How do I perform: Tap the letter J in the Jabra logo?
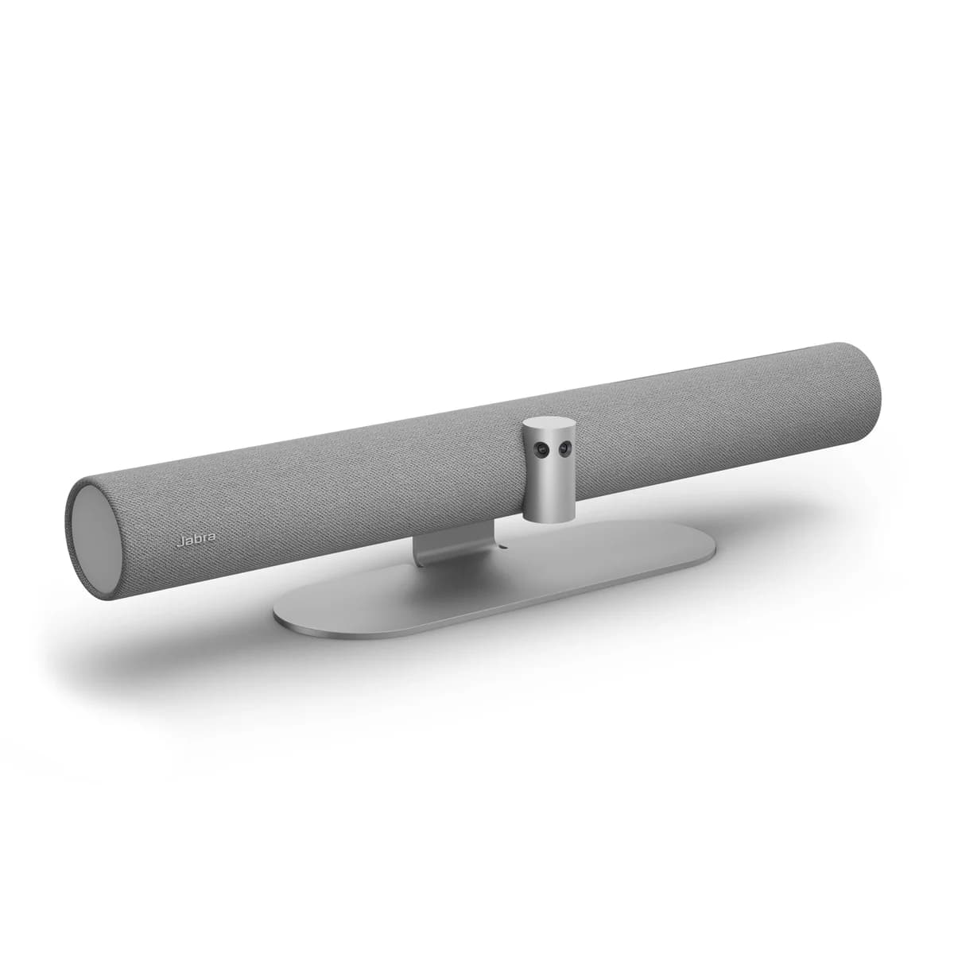(180, 542)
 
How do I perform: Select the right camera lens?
(564, 449)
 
